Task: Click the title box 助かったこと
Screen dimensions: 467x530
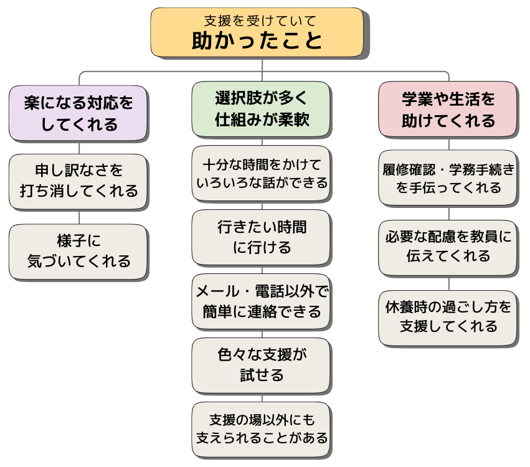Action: [257, 33]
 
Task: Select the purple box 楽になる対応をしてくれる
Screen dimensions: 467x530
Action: [78, 113]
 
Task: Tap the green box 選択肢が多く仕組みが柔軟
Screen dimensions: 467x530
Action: [261, 108]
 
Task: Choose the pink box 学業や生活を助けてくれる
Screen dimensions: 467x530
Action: [448, 109]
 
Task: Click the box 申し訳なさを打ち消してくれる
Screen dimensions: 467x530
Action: [78, 181]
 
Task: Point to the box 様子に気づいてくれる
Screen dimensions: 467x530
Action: [78, 251]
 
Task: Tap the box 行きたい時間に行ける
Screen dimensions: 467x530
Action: [261, 237]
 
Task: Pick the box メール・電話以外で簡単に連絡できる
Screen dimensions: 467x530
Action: [261, 301]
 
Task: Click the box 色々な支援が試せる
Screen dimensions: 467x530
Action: [261, 365]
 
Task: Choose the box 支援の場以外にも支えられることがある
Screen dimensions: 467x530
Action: [261, 428]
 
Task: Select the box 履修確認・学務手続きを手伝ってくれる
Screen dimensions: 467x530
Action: [448, 177]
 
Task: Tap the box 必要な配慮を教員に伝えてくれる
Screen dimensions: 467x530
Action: [448, 247]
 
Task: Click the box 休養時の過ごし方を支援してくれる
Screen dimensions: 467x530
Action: [448, 318]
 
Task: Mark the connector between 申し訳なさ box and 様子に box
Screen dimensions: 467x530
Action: [78, 217]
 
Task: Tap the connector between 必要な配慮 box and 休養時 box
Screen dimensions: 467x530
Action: [448, 283]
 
